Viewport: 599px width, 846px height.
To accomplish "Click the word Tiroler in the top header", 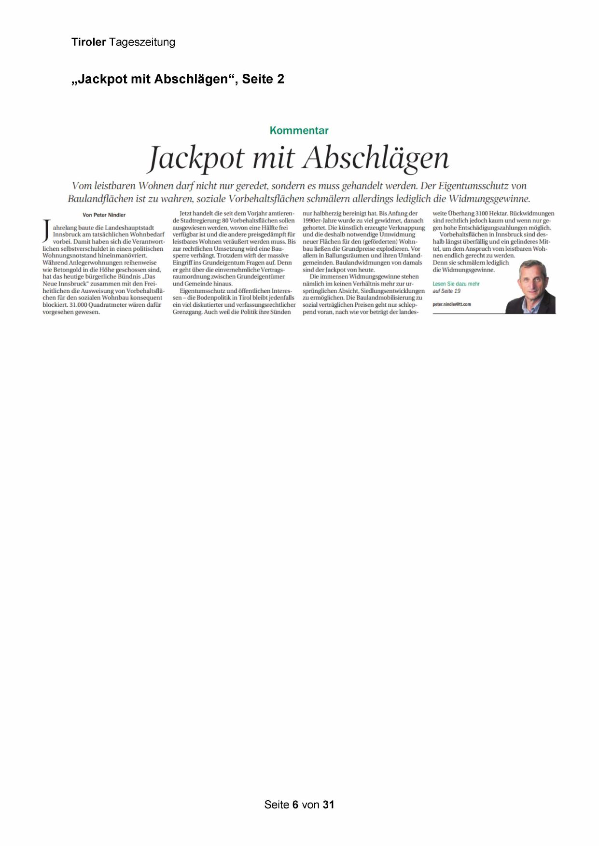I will click(x=88, y=42).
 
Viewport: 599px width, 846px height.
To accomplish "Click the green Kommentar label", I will click(x=299, y=130).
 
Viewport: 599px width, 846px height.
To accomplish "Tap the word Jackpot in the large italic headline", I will click(x=196, y=158).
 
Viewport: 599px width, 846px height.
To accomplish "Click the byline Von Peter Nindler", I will click(x=104, y=215).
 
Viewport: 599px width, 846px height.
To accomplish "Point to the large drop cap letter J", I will click(x=46, y=230).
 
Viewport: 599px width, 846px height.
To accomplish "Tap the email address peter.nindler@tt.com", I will click(x=452, y=304).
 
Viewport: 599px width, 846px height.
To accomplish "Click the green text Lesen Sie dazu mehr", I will click(x=456, y=284).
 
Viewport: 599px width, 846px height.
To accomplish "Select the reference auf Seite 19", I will click(x=446, y=291).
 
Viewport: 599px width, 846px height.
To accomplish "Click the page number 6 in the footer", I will click(x=295, y=805).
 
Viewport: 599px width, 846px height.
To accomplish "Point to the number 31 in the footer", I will click(x=329, y=805).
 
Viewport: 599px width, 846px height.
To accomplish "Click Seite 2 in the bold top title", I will click(x=263, y=79).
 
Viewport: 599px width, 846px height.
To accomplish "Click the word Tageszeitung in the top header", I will click(x=142, y=42).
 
